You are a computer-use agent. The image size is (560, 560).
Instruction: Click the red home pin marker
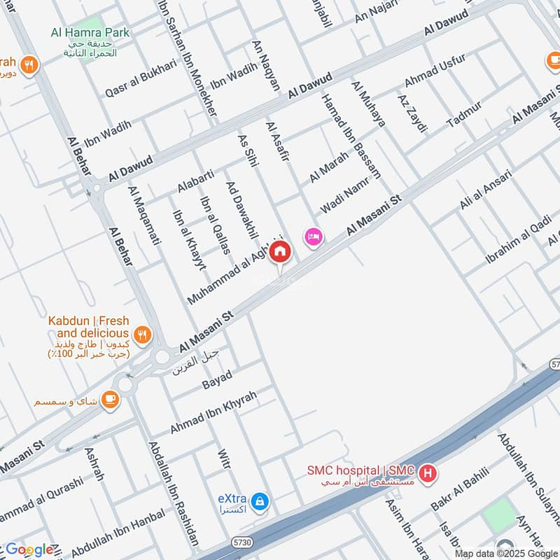[x=280, y=251]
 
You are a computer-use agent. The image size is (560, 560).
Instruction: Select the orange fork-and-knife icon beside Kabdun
[x=143, y=335]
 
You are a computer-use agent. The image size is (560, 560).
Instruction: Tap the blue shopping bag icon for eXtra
[x=260, y=500]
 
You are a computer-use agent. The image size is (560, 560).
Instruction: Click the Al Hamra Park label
[x=90, y=33]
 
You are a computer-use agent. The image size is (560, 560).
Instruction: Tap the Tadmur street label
[x=464, y=114]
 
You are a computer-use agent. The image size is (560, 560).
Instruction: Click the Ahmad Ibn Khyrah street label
[x=214, y=412]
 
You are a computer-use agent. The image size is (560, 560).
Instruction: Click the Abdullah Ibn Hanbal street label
[x=118, y=531]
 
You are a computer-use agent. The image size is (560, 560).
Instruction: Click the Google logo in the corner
[x=29, y=549]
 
